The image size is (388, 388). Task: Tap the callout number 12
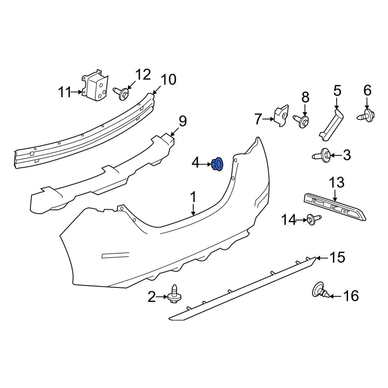click(142, 74)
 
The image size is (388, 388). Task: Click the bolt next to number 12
click(122, 93)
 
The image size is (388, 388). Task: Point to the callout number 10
click(168, 80)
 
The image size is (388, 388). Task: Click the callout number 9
click(182, 121)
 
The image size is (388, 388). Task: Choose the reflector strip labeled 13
click(336, 206)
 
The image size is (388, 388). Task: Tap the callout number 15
click(337, 257)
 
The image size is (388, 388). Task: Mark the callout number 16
click(351, 296)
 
